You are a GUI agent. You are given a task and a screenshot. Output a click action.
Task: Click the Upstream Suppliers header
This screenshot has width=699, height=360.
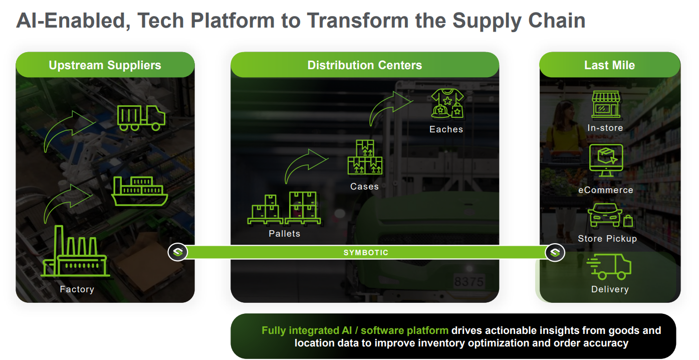pos(105,65)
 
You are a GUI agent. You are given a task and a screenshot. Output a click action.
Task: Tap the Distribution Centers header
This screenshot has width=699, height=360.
pos(364,65)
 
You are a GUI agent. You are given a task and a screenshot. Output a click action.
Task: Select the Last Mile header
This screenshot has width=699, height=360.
pos(609,65)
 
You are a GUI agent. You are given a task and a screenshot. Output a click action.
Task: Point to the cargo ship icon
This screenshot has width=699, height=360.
pos(139,192)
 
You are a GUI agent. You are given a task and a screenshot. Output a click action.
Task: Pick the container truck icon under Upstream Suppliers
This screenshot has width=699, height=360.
pos(141,117)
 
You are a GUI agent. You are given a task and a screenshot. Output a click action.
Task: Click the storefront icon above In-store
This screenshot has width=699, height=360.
pos(606,105)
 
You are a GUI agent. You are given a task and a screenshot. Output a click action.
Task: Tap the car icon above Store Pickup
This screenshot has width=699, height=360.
pos(605,216)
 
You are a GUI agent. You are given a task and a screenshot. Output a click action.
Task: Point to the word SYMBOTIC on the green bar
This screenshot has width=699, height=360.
pos(366,253)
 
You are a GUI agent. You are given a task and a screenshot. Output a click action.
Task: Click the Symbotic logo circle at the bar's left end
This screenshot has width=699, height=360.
pos(177,252)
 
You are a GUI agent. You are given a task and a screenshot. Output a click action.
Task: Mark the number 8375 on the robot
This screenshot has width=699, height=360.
pos(469,282)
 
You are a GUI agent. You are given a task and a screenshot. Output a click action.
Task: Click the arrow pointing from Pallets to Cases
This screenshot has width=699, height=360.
pos(305,165)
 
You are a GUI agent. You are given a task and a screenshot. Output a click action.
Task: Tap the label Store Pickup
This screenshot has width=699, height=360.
pos(607,239)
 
